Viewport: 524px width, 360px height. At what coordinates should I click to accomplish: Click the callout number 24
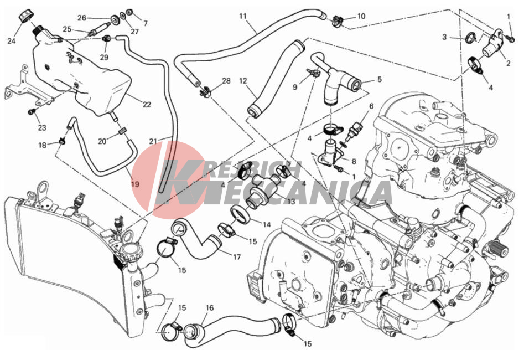pyautogui.click(x=12, y=41)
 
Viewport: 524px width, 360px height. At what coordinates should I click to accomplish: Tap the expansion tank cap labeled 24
pyautogui.click(x=24, y=16)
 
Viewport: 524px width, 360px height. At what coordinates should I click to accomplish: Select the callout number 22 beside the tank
pyautogui.click(x=147, y=105)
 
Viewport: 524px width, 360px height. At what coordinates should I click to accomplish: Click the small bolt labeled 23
pyautogui.click(x=32, y=110)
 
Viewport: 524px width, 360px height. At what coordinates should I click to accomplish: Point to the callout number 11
pyautogui.click(x=242, y=16)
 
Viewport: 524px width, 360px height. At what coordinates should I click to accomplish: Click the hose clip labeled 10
pyautogui.click(x=338, y=20)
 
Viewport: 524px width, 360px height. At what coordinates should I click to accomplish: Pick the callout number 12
pyautogui.click(x=243, y=81)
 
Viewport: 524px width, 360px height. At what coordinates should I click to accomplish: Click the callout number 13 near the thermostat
pyautogui.click(x=290, y=202)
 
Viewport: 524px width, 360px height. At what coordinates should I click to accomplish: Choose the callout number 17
pyautogui.click(x=237, y=257)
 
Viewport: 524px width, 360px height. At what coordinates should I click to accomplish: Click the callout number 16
pyautogui.click(x=210, y=307)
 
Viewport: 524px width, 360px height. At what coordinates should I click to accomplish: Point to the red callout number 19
pyautogui.click(x=135, y=184)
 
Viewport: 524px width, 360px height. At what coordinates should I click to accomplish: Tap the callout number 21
pyautogui.click(x=153, y=141)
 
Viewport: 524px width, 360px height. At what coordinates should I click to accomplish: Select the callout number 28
pyautogui.click(x=226, y=81)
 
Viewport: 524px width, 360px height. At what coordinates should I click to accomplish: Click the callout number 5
pyautogui.click(x=379, y=79)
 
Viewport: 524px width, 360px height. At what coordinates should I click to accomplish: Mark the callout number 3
pyautogui.click(x=444, y=37)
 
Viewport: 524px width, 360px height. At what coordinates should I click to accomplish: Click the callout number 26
pyautogui.click(x=82, y=18)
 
